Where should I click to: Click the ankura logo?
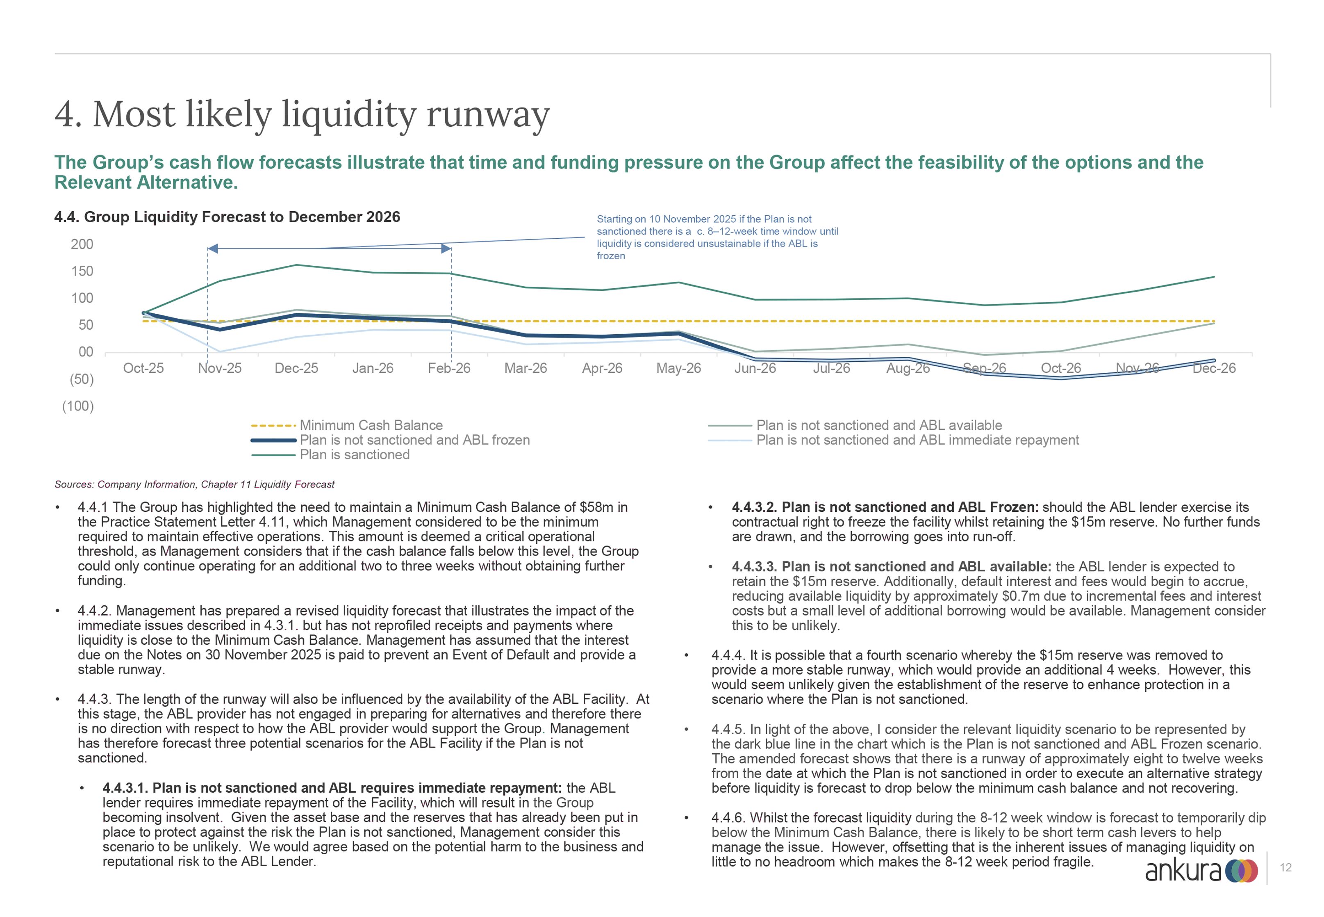1201,871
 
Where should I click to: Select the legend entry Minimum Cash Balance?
371,425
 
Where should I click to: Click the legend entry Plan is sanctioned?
354,454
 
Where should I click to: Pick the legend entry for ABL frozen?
414,440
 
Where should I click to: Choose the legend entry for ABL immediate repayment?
917,440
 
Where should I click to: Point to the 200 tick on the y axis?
82,244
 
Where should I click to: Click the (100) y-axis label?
78,406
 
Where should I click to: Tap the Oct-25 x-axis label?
143,368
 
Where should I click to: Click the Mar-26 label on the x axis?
526,368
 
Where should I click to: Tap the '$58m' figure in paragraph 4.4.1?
597,507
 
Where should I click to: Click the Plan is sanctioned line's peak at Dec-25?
296,265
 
